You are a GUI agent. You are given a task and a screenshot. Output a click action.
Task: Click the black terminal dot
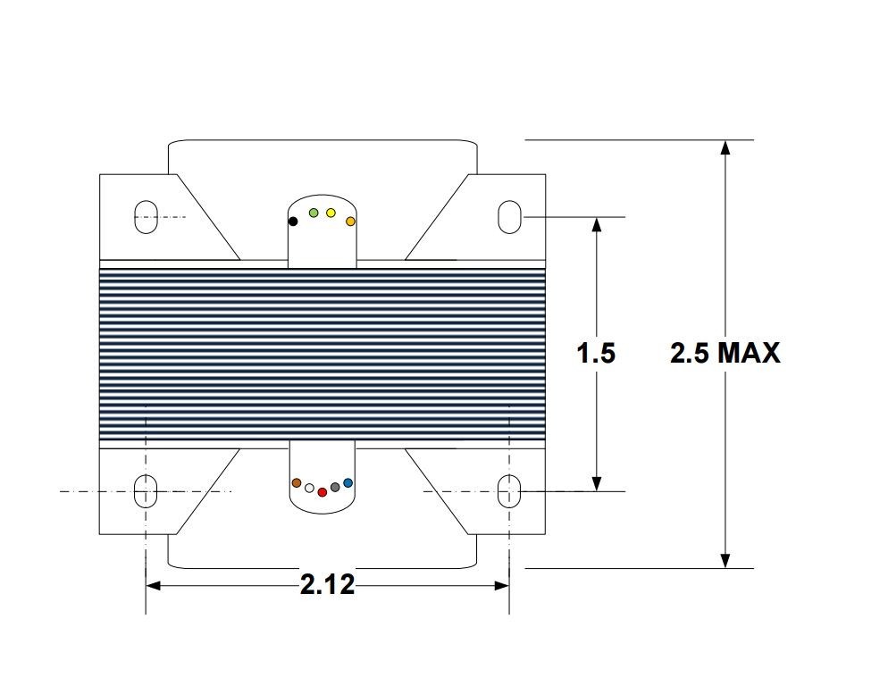click(292, 221)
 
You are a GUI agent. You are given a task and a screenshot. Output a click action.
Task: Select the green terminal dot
click(314, 213)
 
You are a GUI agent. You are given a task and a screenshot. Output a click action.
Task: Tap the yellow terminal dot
click(331, 213)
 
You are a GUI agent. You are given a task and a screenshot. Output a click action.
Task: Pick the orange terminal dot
click(350, 221)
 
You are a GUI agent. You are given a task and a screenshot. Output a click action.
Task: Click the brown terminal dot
click(297, 482)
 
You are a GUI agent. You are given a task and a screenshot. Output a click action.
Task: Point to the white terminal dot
click(309, 489)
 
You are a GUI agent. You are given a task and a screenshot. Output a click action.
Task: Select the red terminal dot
click(323, 492)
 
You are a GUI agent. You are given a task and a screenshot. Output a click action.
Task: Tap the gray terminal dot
click(335, 487)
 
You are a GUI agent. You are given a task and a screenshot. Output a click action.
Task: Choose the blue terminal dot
click(348, 482)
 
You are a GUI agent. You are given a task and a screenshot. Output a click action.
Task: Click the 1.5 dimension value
click(596, 354)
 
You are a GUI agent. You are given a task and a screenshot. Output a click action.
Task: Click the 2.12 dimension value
click(327, 586)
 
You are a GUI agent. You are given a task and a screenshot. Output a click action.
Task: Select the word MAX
click(749, 354)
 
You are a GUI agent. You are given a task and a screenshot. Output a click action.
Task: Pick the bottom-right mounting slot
click(508, 491)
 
